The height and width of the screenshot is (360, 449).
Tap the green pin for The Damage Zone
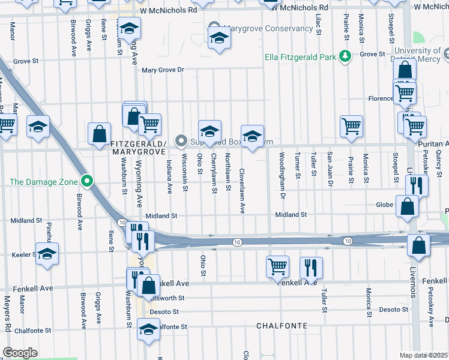pos(88,180)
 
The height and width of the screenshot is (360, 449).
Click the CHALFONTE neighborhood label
pos(282,326)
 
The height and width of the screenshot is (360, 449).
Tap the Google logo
pos(20,353)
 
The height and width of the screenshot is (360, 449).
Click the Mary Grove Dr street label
pos(162,70)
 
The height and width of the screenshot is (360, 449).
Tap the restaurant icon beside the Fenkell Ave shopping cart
pos(311,266)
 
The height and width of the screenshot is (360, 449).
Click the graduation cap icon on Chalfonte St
pos(148,328)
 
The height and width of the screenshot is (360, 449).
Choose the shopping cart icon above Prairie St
pos(351,126)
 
